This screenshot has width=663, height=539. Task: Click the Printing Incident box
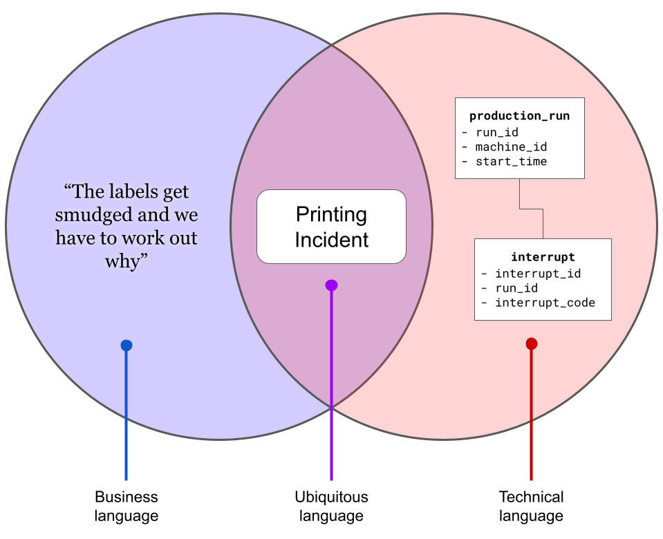point(332,227)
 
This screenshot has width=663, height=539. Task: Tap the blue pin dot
point(127,346)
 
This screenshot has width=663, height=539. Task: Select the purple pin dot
point(332,285)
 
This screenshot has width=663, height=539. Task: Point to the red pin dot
point(532,343)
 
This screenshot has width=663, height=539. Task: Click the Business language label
point(127,506)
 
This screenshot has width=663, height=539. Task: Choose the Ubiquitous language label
point(332,506)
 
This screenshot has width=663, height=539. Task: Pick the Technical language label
point(531,506)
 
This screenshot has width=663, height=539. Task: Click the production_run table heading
point(520,116)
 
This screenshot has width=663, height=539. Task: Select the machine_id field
point(511,146)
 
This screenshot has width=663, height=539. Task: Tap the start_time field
point(511,161)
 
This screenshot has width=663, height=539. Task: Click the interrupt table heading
point(543,257)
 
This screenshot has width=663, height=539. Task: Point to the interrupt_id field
point(538,274)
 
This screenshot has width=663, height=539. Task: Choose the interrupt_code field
point(545,303)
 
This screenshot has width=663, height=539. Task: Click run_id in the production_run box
point(497,132)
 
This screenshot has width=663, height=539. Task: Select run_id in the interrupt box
point(516,288)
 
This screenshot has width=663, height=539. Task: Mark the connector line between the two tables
point(531,209)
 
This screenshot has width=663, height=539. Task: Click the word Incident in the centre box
point(332,240)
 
